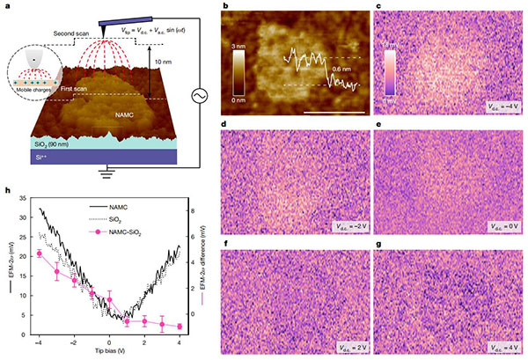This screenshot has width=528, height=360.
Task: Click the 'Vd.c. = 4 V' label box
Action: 495,347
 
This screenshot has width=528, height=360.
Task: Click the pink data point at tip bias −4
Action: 39,253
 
